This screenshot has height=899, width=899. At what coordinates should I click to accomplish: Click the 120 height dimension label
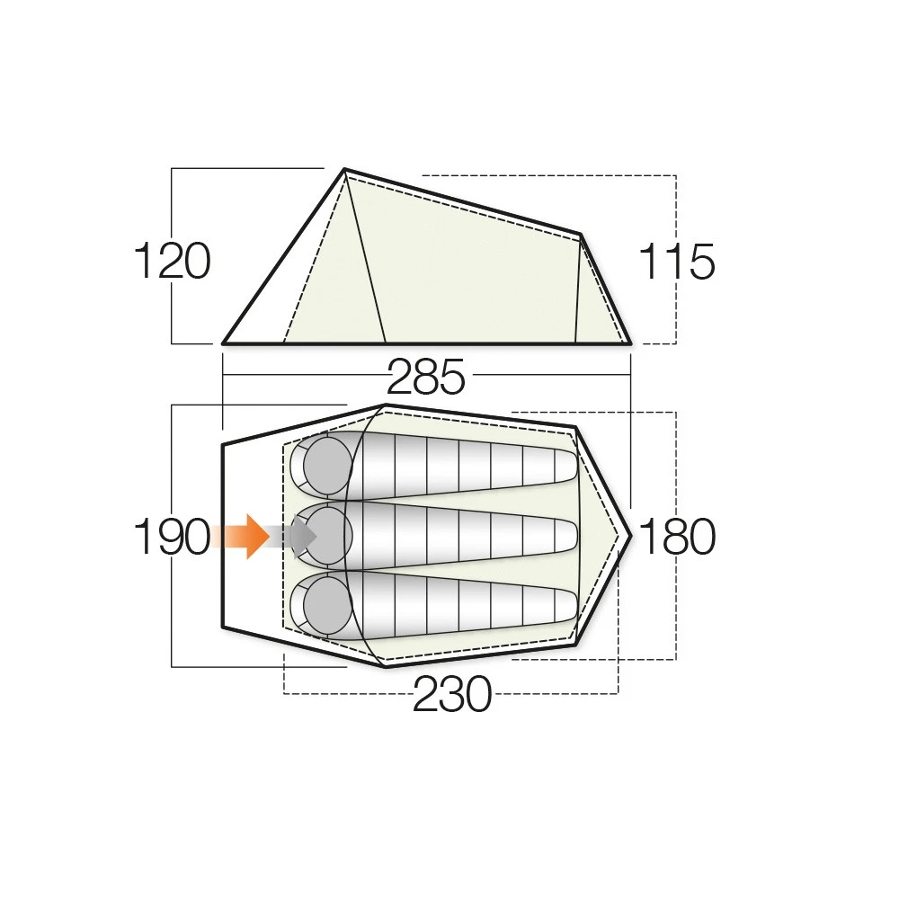click(x=172, y=262)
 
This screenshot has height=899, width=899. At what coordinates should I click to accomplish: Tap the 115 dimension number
click(x=677, y=262)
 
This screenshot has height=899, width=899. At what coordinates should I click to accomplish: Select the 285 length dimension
click(x=426, y=378)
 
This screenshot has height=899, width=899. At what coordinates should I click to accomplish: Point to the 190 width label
click(x=172, y=536)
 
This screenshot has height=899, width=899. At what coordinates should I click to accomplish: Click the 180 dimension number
click(x=677, y=536)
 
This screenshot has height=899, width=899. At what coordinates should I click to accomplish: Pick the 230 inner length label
click(x=452, y=693)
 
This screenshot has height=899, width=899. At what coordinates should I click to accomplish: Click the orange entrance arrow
click(x=241, y=536)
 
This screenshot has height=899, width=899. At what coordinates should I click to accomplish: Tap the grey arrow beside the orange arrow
click(x=294, y=536)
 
